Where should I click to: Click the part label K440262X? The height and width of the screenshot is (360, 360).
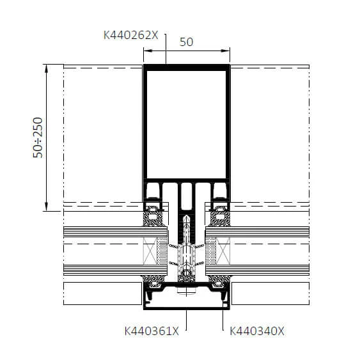(x=130, y=36)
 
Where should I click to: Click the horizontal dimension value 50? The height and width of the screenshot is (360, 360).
(x=186, y=42)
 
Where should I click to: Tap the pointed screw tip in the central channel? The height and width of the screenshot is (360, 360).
(x=186, y=219)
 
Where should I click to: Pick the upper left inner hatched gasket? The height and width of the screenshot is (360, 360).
(x=155, y=215)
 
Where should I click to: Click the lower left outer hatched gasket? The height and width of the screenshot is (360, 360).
(x=153, y=281)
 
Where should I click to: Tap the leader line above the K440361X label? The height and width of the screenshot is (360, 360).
(x=186, y=317)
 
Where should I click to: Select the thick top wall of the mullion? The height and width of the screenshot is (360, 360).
(x=186, y=67)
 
